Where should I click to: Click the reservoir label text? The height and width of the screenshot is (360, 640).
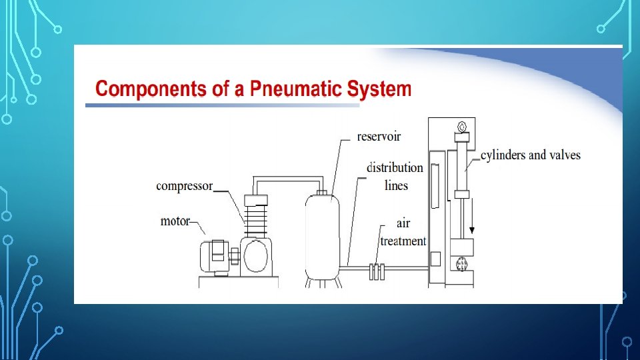379,136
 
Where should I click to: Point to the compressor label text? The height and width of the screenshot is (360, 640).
184,185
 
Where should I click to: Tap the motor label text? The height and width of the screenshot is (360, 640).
175,221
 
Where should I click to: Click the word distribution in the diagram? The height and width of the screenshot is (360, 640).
395,167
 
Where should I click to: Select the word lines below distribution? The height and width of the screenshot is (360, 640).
396,185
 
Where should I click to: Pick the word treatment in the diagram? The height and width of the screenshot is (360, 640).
403,241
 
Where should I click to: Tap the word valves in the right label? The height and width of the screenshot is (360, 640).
564,155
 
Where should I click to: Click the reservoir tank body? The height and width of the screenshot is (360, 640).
322,237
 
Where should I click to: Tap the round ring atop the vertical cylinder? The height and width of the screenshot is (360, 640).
462,126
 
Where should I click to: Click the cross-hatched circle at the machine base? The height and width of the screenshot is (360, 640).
461,265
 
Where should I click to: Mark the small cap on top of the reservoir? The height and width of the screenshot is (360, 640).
322,193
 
